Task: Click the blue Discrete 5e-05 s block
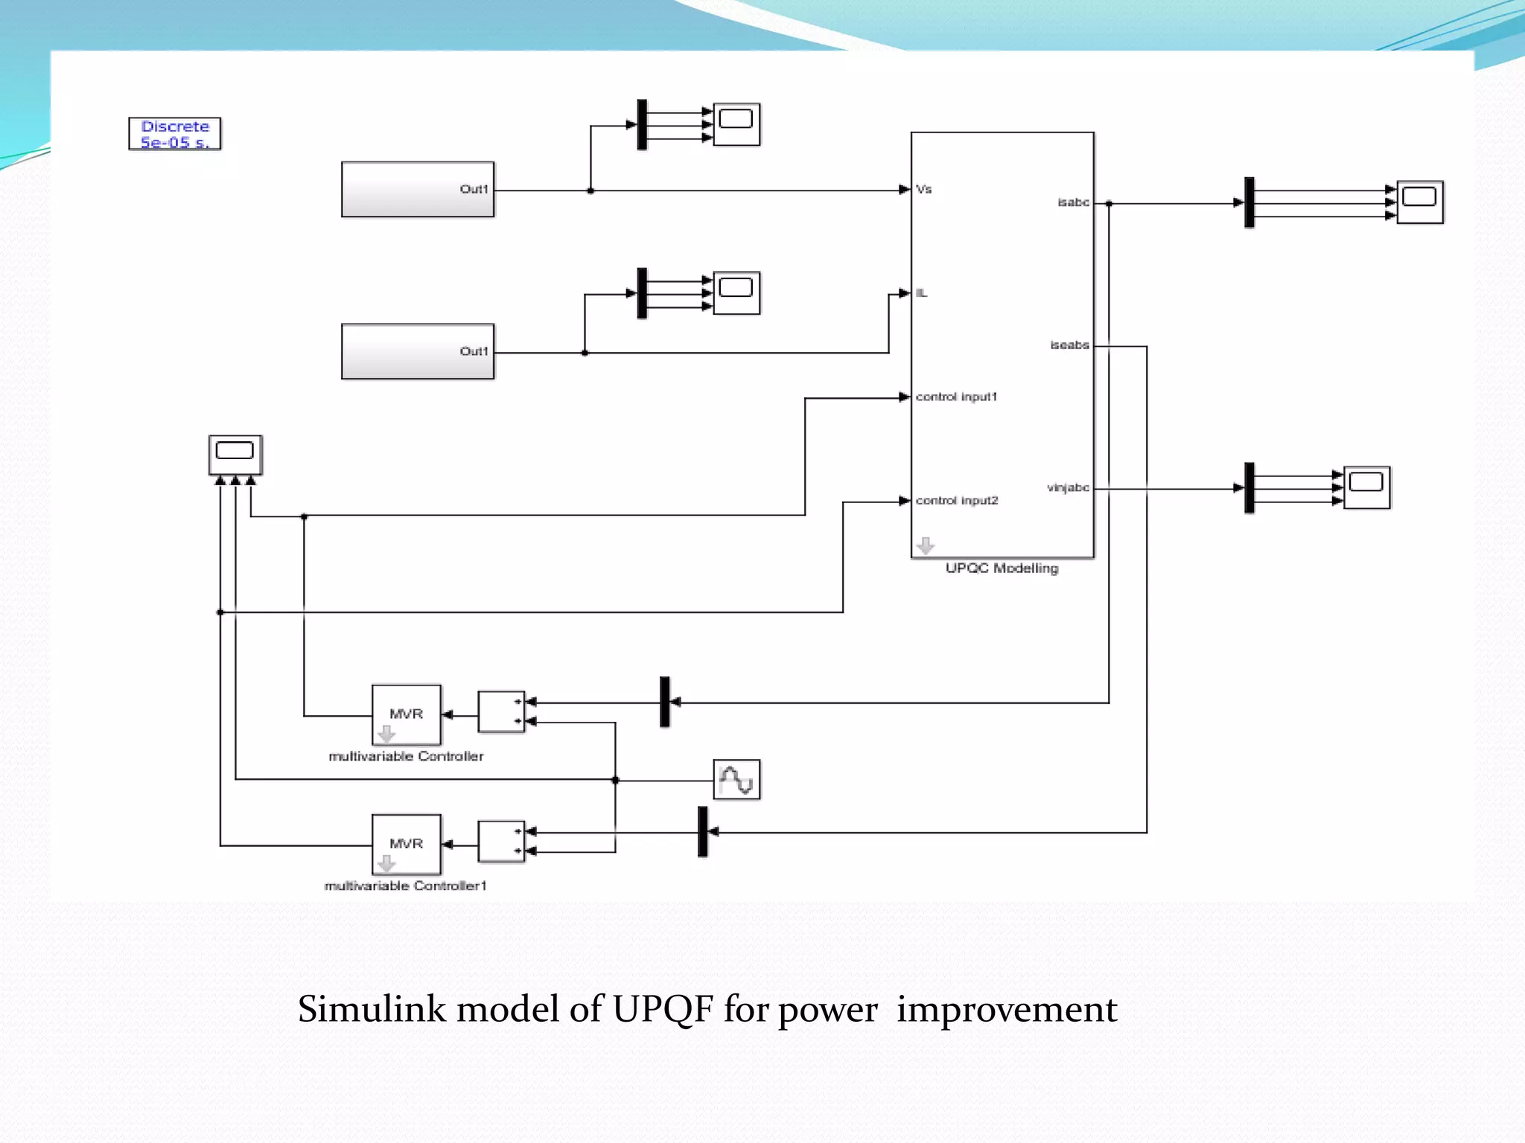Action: [175, 134]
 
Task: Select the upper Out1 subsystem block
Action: [417, 190]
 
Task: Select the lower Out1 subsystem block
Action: [417, 351]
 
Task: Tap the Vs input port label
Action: [924, 189]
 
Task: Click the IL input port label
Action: [922, 293]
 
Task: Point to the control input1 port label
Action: [956, 397]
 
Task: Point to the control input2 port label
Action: [957, 501]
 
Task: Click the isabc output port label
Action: [1073, 202]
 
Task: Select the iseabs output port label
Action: [1069, 345]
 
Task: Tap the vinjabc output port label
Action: [1068, 488]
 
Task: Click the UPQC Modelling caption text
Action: [1002, 569]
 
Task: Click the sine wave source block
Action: [736, 780]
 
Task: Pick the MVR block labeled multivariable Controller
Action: [407, 715]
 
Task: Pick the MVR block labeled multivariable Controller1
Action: [407, 845]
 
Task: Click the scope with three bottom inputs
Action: [235, 455]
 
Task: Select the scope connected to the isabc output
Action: [1419, 202]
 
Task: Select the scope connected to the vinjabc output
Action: [1366, 487]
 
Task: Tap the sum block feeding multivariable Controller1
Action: [501, 842]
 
